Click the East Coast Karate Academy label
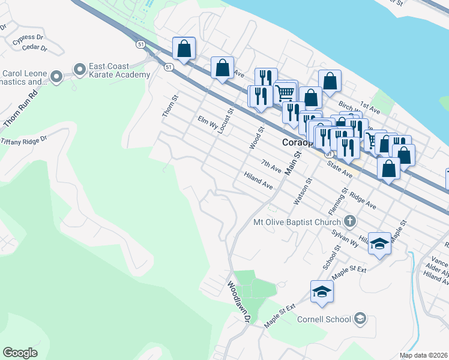pos(119,70)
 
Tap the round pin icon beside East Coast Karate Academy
pos(79,70)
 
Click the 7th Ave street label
pos(271,166)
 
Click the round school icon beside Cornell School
pos(360,318)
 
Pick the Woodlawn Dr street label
pos(238,302)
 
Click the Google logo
pos(20,353)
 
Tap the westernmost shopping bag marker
pos(184,48)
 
